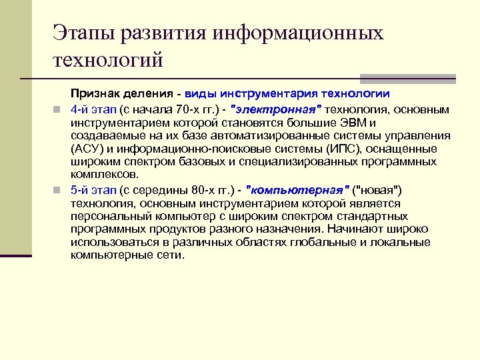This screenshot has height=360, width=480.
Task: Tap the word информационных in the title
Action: (x=297, y=34)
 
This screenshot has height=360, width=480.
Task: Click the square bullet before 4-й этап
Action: (x=58, y=109)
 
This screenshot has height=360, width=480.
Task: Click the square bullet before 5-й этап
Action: (x=58, y=189)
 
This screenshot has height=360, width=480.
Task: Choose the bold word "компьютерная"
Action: (x=298, y=189)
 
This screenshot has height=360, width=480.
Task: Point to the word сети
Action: (x=169, y=255)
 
